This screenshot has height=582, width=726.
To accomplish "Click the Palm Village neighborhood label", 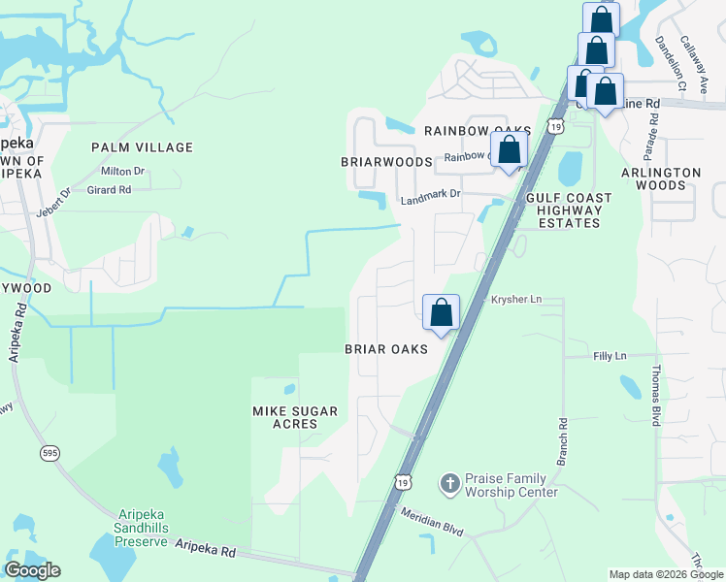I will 142,147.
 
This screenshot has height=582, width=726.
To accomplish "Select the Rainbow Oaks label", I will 476,132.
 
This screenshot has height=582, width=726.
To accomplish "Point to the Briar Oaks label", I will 386,349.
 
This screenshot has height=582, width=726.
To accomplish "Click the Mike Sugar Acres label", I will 295,418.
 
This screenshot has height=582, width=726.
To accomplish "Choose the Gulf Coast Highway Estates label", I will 569,210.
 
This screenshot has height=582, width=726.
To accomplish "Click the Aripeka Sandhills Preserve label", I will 148,524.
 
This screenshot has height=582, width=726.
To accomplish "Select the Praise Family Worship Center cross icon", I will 449,482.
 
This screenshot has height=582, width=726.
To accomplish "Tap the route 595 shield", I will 52,453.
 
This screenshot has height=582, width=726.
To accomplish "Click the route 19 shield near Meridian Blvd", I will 402,481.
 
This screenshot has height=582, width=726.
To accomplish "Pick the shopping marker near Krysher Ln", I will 441,312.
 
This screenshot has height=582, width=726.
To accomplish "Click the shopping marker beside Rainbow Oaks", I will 509,150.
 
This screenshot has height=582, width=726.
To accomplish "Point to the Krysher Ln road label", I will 516,300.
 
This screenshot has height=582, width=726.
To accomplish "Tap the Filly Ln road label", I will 610,356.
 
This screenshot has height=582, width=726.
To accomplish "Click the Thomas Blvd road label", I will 656,396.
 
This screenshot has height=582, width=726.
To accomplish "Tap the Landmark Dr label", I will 430,195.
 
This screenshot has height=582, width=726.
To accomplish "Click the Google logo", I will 33,570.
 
